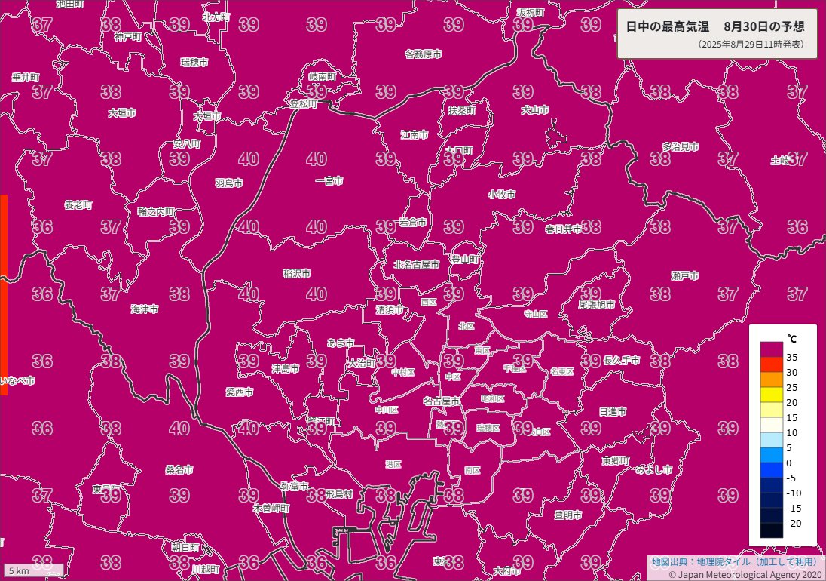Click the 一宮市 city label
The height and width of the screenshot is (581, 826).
329,181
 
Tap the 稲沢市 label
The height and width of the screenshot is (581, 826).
297,273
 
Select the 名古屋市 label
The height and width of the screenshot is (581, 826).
441,401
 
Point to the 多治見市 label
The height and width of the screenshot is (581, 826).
681,146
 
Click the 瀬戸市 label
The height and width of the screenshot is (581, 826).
684,276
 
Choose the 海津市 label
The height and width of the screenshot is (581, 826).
144,309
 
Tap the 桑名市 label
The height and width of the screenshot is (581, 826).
179,469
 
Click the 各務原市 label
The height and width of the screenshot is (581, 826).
423,54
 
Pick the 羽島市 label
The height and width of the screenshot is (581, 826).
228,183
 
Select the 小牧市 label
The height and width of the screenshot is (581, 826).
501,195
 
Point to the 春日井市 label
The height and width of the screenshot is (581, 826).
564,229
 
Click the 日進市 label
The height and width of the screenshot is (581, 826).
613,412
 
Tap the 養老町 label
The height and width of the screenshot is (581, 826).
78,205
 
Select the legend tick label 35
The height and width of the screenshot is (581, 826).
792,357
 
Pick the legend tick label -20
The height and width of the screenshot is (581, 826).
793,523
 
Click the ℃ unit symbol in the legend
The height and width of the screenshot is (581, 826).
791,337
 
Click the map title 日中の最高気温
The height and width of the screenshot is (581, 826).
667,26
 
